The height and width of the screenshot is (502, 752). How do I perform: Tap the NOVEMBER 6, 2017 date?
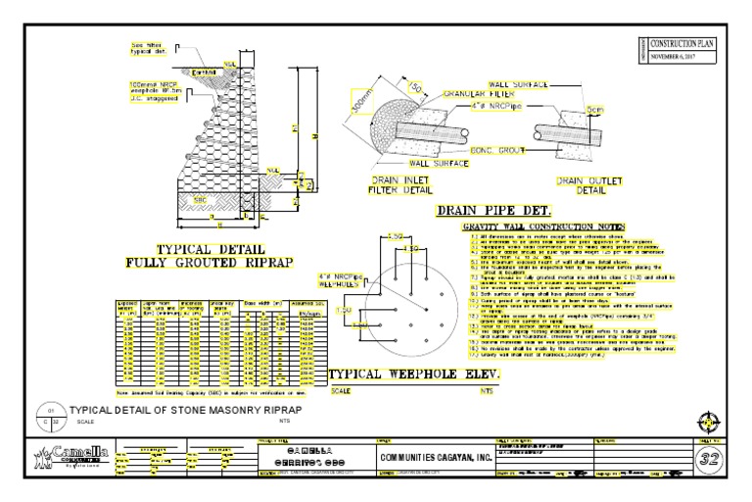click(x=685, y=57)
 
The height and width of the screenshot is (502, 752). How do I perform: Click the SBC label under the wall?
click(x=200, y=200)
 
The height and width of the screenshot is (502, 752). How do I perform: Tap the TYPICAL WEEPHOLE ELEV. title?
click(x=414, y=376)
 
